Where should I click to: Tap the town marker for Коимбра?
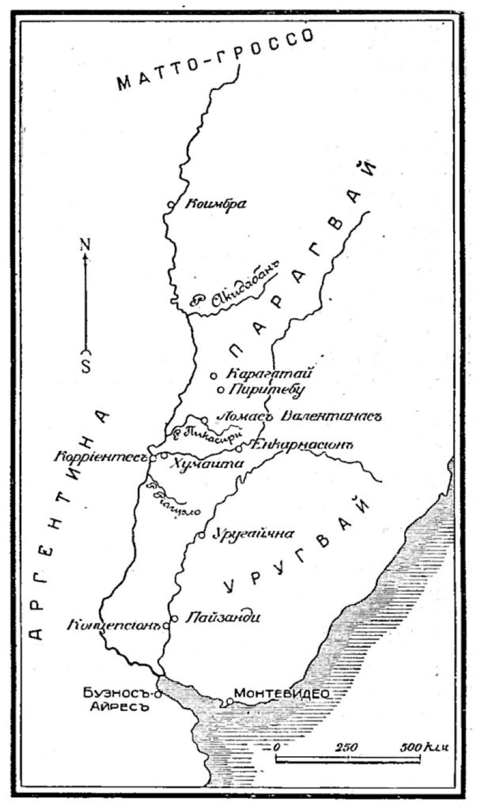pyautogui.click(x=171, y=204)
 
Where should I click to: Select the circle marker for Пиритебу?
pyautogui.click(x=220, y=390)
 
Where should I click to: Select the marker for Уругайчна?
pyautogui.click(x=201, y=535)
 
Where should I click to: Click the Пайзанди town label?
pyautogui.click(x=222, y=617)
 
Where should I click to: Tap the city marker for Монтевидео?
pyautogui.click(x=230, y=702)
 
